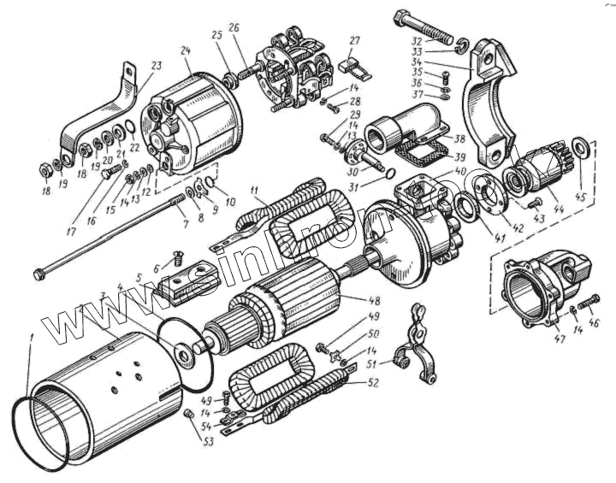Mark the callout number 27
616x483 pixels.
pyautogui.click(x=355, y=40)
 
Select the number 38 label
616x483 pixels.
pyautogui.click(x=459, y=138)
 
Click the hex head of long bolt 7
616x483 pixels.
pyautogui.click(x=38, y=274)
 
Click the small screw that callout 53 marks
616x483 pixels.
pyautogui.click(x=190, y=415)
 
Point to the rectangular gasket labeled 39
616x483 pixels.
pyautogui.click(x=418, y=155)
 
